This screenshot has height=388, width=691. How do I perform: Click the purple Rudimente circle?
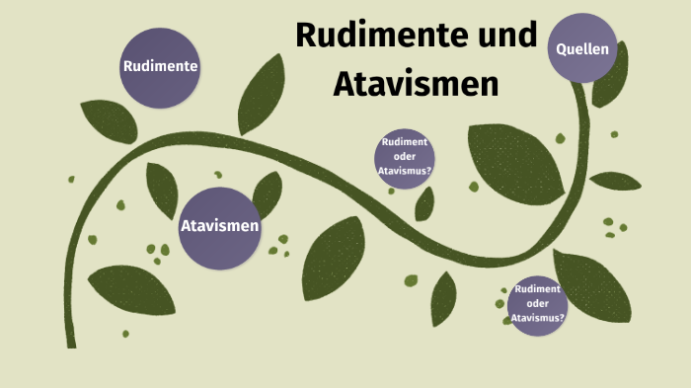[x=160, y=67]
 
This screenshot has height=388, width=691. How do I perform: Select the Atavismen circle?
[x=219, y=227]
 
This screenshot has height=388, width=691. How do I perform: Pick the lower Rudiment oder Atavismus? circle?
[x=538, y=304]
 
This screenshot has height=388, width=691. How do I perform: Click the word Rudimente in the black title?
[x=367, y=38]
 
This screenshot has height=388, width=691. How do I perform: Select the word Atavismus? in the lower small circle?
[x=539, y=319]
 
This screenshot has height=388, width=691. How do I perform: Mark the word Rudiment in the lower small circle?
[x=538, y=289]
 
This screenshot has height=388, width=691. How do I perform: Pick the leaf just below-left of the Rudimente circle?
[x=109, y=120]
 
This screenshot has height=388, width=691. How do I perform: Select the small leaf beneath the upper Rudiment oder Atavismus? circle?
[x=424, y=203]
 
